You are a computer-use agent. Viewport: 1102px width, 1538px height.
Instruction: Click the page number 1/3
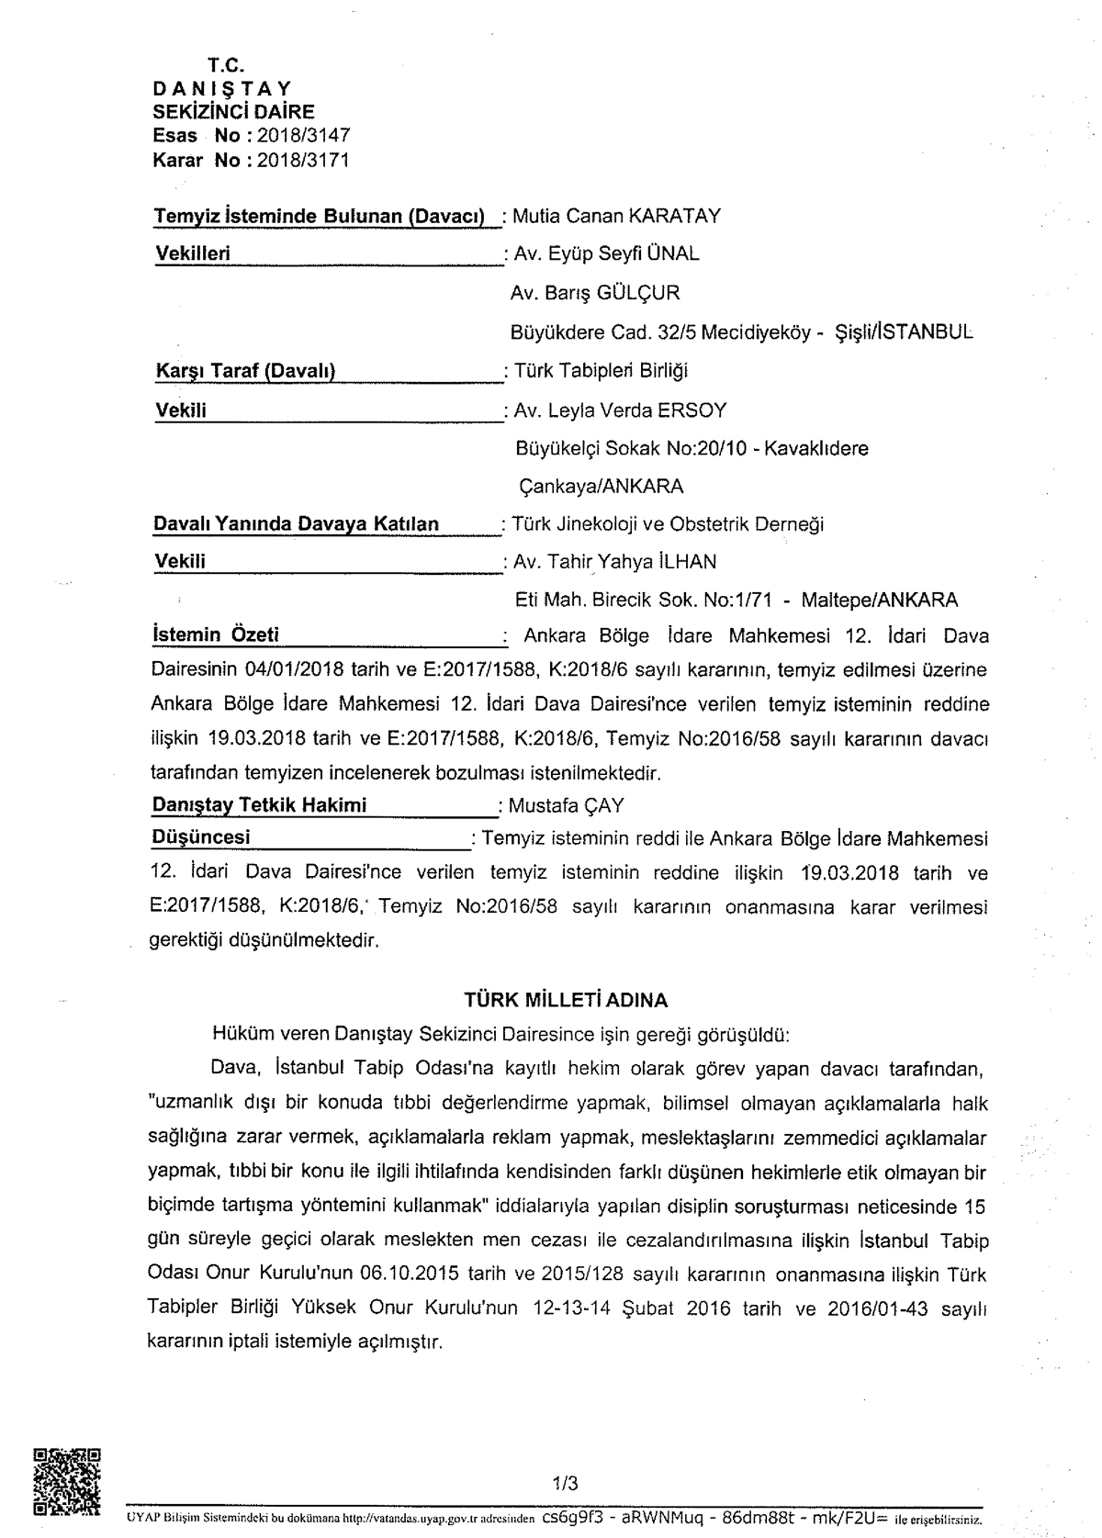(565, 1483)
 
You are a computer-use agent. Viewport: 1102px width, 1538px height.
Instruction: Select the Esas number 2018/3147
(303, 136)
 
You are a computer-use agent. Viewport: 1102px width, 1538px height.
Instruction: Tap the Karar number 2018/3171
(303, 160)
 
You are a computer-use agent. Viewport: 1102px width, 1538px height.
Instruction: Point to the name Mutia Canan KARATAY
(616, 216)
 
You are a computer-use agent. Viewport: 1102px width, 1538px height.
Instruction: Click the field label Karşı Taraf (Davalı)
(245, 371)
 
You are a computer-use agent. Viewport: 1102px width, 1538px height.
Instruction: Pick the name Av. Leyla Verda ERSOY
(620, 410)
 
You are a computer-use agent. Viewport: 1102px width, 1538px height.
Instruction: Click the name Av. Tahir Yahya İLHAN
(614, 562)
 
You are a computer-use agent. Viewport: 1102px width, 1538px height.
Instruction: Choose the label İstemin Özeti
(215, 634)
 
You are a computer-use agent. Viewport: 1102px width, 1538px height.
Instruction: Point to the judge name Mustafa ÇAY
(566, 805)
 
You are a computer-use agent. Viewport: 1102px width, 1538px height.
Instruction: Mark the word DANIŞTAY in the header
(221, 89)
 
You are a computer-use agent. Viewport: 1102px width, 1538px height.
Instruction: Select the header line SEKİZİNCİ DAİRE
(233, 112)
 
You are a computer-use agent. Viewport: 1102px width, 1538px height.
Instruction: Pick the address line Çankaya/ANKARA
(601, 486)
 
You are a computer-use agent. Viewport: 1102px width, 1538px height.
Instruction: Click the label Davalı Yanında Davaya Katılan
(296, 524)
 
